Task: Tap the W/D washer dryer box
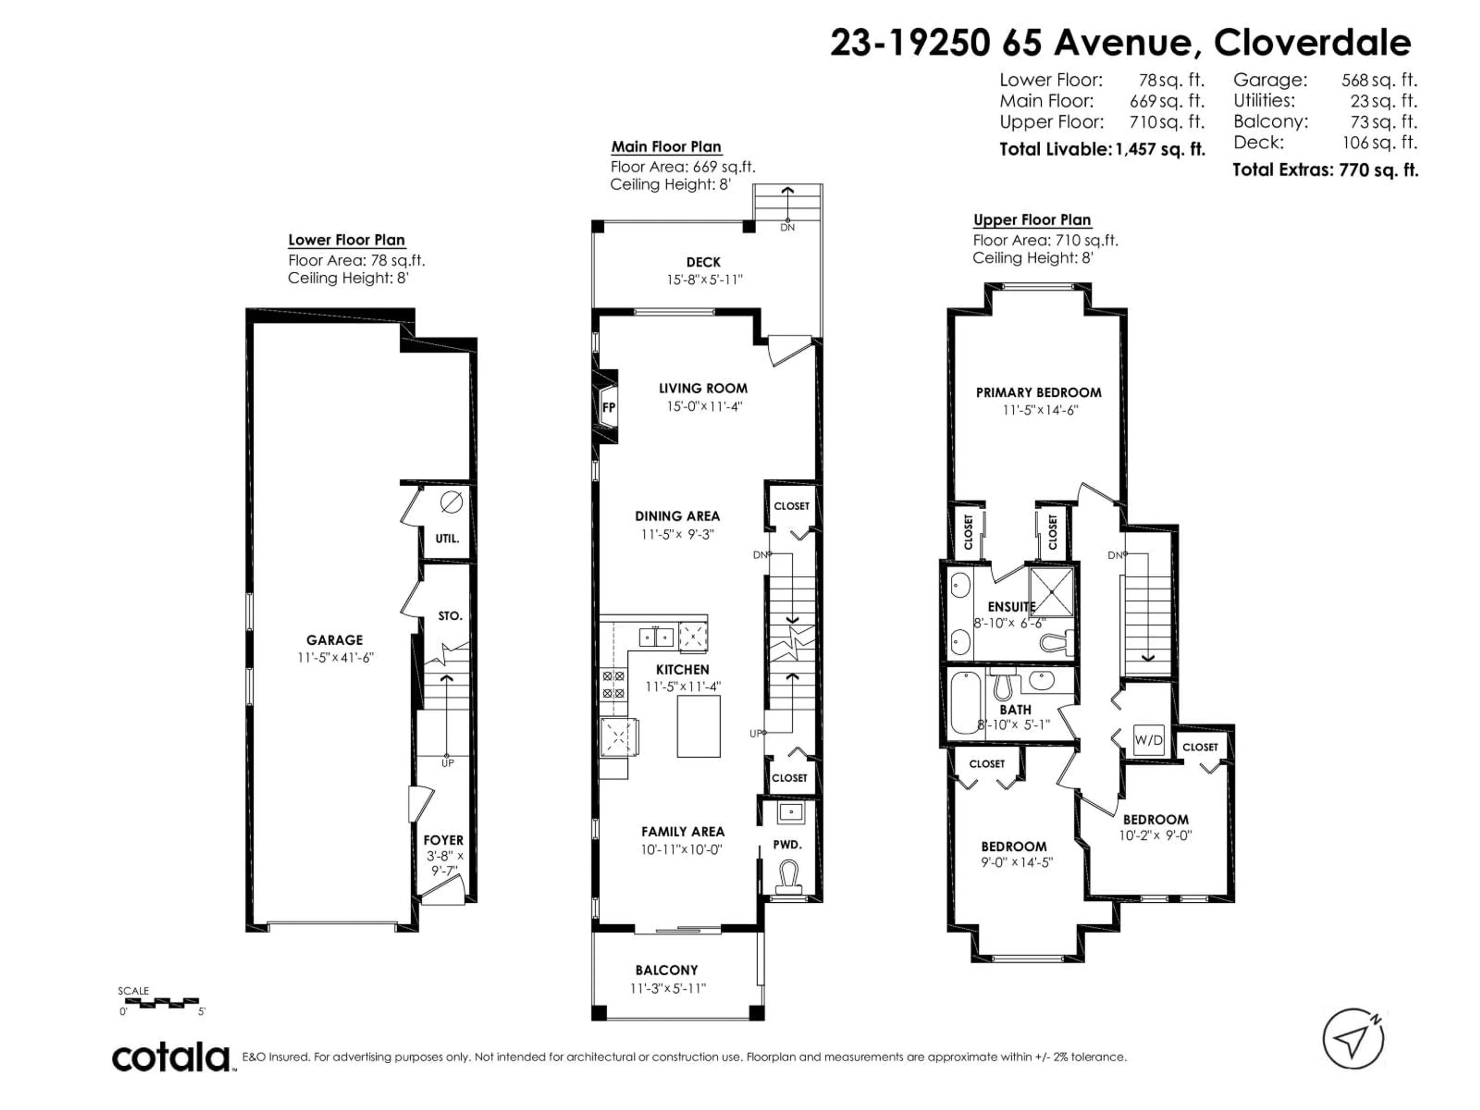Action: pos(1148,740)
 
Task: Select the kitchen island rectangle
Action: pos(698,726)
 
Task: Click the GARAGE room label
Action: pos(335,640)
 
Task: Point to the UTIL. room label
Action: pos(447,538)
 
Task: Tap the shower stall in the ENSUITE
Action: pos(1050,592)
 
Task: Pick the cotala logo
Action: pos(171,1058)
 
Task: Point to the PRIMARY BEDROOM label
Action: pos(1038,393)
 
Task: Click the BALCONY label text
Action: pos(666,970)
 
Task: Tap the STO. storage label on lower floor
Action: pos(450,616)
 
